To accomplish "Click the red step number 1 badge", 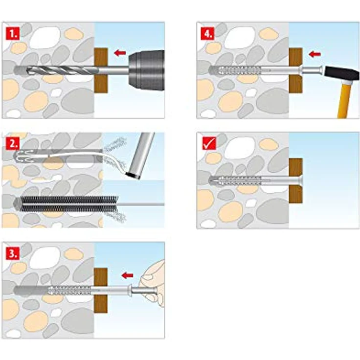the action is click(x=12, y=34).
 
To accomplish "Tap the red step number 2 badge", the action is click(x=12, y=144).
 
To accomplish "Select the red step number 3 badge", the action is click(x=12, y=254).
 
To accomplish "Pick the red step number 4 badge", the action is click(x=207, y=34).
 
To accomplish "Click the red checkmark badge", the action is click(x=209, y=143).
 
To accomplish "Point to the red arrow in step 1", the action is click(x=120, y=53).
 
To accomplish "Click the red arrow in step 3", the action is click(x=128, y=275).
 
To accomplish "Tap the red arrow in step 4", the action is click(x=315, y=54).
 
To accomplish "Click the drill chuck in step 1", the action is click(x=146, y=70).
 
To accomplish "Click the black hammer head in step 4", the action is click(x=341, y=73).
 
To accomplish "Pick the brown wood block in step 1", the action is click(x=101, y=70).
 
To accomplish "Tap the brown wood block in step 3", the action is click(x=101, y=290).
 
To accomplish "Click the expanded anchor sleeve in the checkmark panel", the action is click(x=235, y=180).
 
